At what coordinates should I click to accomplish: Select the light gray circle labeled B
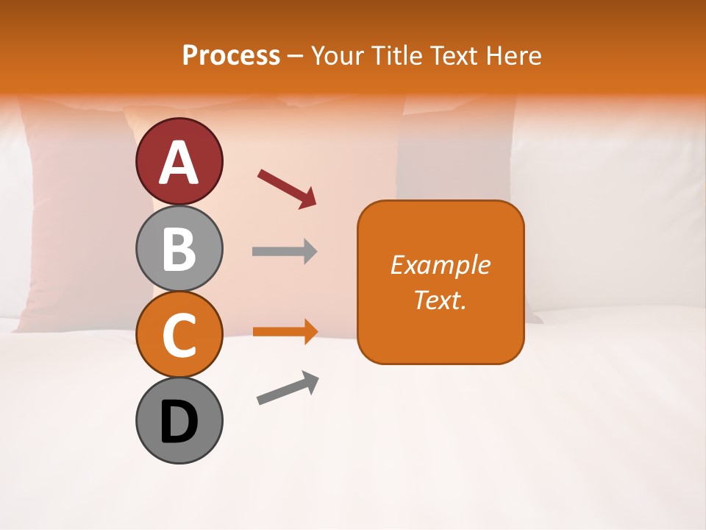coord(179,248)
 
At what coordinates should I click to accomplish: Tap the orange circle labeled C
coord(179,334)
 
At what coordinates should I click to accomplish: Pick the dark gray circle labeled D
coord(179,420)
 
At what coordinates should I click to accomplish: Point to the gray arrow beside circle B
coord(284,251)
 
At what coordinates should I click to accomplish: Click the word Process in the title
coord(231,55)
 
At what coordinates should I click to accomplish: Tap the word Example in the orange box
coord(440,265)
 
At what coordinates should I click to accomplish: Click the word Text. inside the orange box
coord(440,300)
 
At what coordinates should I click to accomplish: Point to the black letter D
coord(179,423)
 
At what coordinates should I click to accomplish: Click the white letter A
coord(179,162)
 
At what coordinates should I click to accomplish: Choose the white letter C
coord(179,335)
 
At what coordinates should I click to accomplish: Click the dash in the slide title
coord(295,57)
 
